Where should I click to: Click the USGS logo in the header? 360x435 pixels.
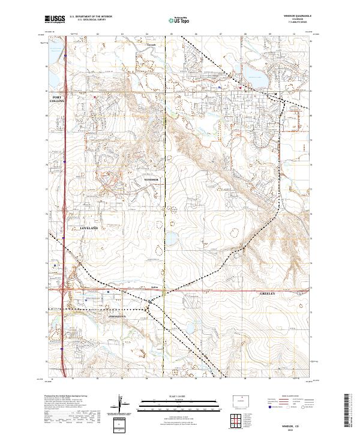55,19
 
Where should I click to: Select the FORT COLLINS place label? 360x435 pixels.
57,99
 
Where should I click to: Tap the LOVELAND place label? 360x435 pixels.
89,229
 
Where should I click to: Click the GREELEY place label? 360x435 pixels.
267,294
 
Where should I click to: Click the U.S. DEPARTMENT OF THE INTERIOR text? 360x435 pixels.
91,16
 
